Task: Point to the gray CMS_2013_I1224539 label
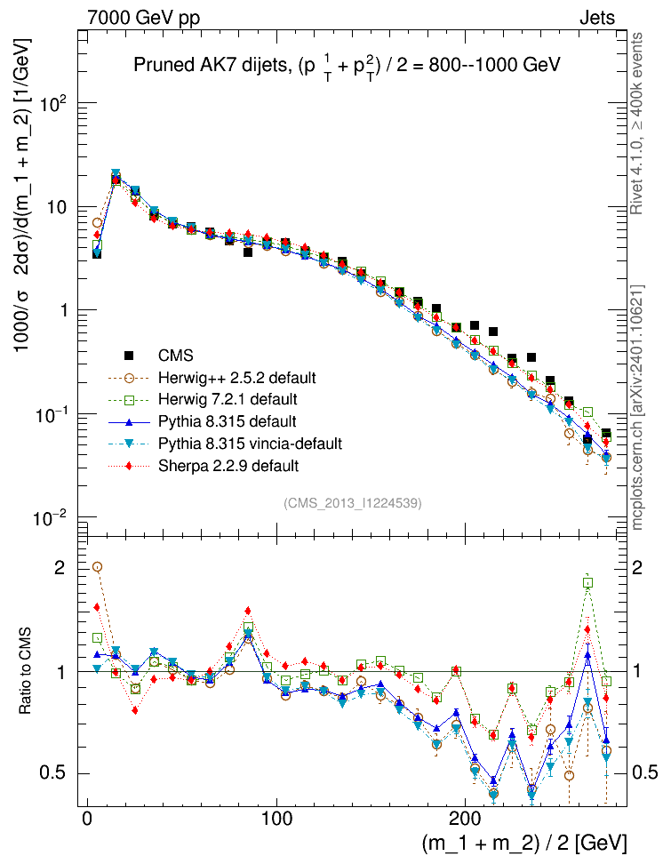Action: [x=353, y=504]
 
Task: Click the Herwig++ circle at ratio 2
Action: [x=97, y=566]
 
